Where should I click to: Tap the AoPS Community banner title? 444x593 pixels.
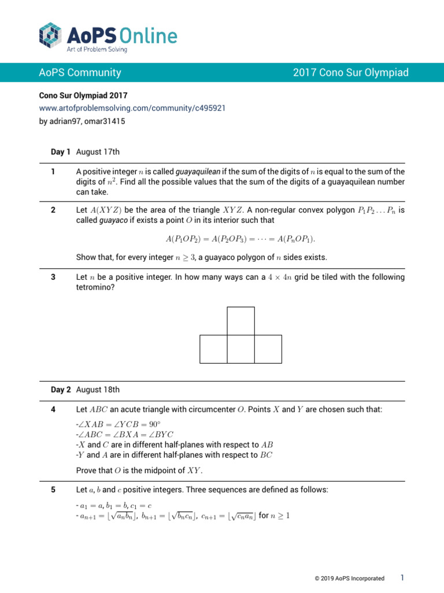(x=80, y=72)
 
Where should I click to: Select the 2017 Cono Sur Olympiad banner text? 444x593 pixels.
(x=350, y=72)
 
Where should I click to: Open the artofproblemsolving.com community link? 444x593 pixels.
(x=132, y=108)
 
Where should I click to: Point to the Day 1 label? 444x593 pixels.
(x=61, y=152)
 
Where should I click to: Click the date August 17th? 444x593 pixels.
(x=98, y=152)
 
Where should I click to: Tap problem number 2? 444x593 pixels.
(x=53, y=210)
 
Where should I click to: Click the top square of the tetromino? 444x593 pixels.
(x=240, y=321)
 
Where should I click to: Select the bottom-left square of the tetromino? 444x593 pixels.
(x=213, y=349)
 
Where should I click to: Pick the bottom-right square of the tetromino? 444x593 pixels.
(x=268, y=349)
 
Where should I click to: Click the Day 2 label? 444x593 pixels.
(x=61, y=390)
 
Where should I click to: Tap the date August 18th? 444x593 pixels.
(x=98, y=390)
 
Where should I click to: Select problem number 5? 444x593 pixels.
(x=53, y=489)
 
